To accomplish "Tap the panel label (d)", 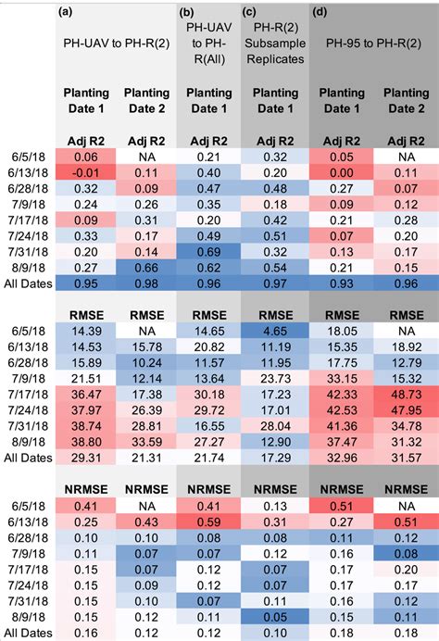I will point(320,12).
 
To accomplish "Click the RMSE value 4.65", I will point(275,356).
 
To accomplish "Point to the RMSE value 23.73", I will point(275,404).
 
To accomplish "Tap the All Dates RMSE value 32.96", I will point(339,483).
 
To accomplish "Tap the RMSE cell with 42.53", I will point(339,435).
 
